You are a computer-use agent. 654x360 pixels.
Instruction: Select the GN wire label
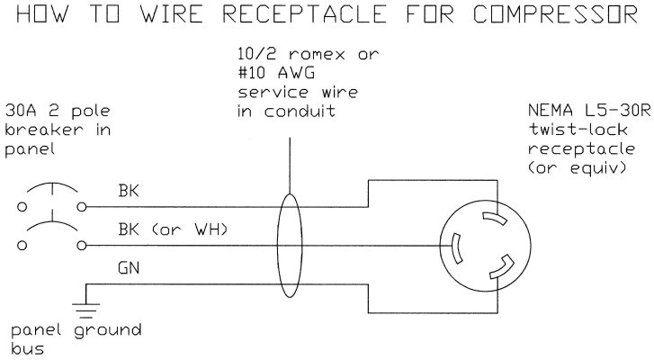coord(129,267)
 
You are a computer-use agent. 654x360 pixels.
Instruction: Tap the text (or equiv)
coord(575,169)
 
